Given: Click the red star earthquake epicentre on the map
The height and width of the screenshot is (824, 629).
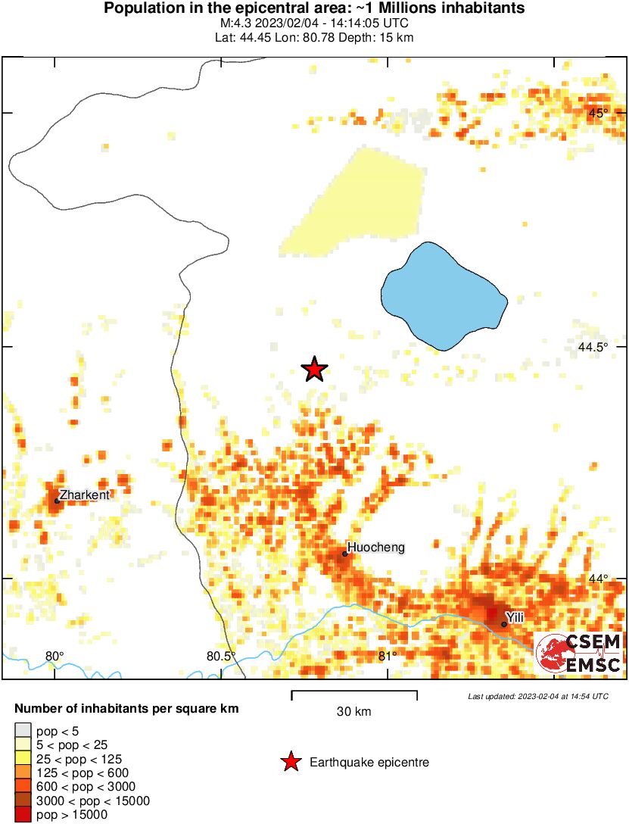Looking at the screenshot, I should pyautogui.click(x=314, y=370).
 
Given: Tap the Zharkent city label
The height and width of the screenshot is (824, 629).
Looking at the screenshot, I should pyautogui.click(x=85, y=495).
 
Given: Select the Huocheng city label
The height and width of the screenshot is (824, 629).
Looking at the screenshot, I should pyautogui.click(x=375, y=547).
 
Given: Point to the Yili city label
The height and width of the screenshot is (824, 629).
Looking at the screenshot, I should pyautogui.click(x=515, y=618).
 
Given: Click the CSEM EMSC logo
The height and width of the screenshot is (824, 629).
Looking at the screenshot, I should pyautogui.click(x=579, y=654).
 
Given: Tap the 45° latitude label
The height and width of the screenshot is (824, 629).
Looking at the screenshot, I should pyautogui.click(x=599, y=113).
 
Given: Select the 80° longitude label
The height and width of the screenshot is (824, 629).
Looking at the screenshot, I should pyautogui.click(x=54, y=656).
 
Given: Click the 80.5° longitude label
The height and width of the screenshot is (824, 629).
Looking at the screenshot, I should pyautogui.click(x=221, y=656).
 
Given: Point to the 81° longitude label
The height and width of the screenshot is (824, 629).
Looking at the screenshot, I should pyautogui.click(x=387, y=656).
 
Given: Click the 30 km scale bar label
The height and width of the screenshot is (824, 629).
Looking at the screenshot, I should pyautogui.click(x=353, y=711).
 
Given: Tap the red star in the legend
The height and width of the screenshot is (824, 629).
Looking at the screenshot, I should pyautogui.click(x=290, y=763).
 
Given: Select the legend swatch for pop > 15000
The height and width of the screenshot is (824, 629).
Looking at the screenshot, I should pyautogui.click(x=23, y=815).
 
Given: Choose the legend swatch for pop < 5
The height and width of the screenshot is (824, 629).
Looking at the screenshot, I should pyautogui.click(x=23, y=731).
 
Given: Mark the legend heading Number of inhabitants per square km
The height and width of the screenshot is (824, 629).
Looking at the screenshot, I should pyautogui.click(x=126, y=710).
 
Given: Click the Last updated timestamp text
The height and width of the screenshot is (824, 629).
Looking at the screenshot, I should pyautogui.click(x=537, y=696).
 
